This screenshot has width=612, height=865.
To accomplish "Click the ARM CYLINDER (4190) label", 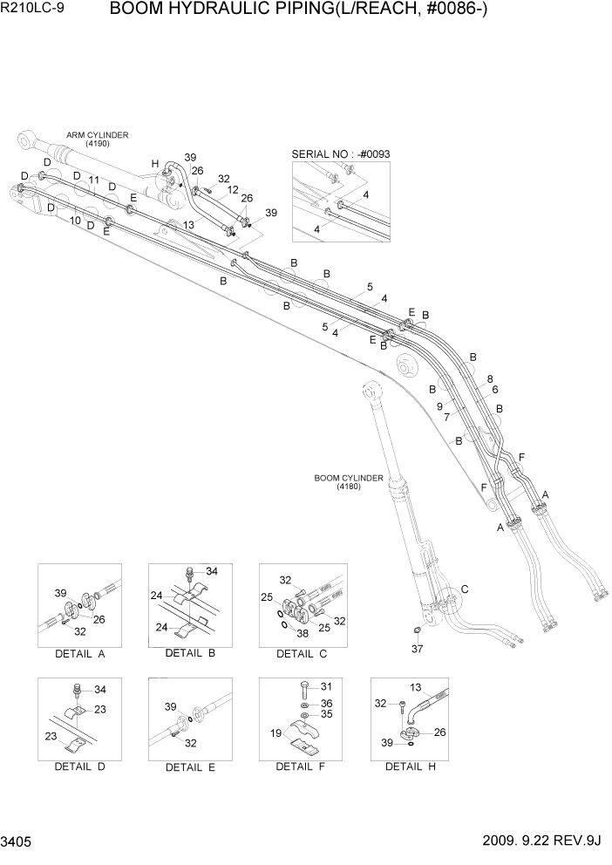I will click(x=98, y=140).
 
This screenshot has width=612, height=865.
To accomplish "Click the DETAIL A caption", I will click(x=79, y=653).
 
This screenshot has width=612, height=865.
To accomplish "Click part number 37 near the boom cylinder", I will click(x=417, y=648).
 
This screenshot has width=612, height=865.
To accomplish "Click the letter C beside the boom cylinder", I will click(x=465, y=589).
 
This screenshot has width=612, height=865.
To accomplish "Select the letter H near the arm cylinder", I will click(x=155, y=164).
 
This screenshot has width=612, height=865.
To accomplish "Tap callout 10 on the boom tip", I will click(x=76, y=221).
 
